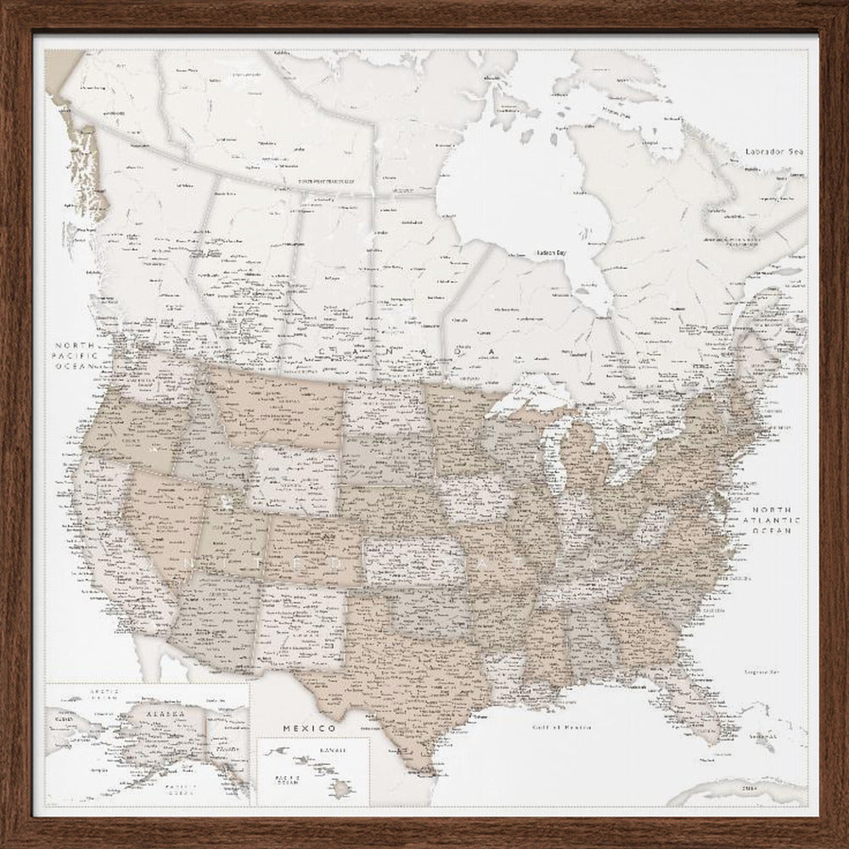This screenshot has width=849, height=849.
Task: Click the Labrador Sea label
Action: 773,151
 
